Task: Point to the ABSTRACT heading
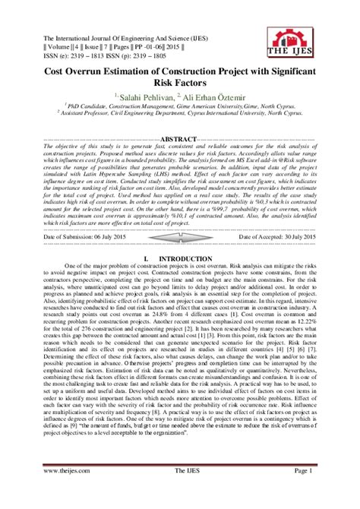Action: (180, 141)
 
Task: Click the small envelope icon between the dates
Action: (180, 236)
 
